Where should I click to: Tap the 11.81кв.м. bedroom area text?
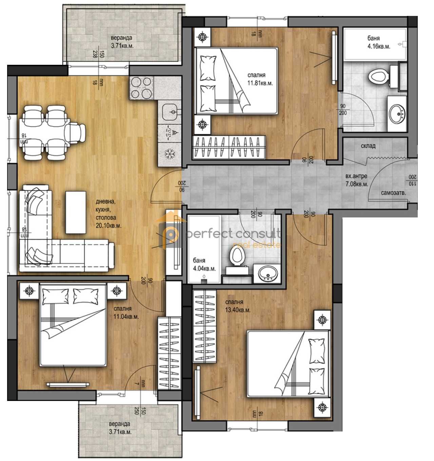[260, 82]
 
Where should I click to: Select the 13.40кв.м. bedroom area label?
[238, 310]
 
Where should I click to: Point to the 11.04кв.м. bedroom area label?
[126, 316]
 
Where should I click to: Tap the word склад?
[368, 146]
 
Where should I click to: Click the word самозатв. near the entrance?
[394, 193]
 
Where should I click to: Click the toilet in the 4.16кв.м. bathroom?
[378, 77]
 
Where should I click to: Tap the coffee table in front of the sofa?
[76, 212]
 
